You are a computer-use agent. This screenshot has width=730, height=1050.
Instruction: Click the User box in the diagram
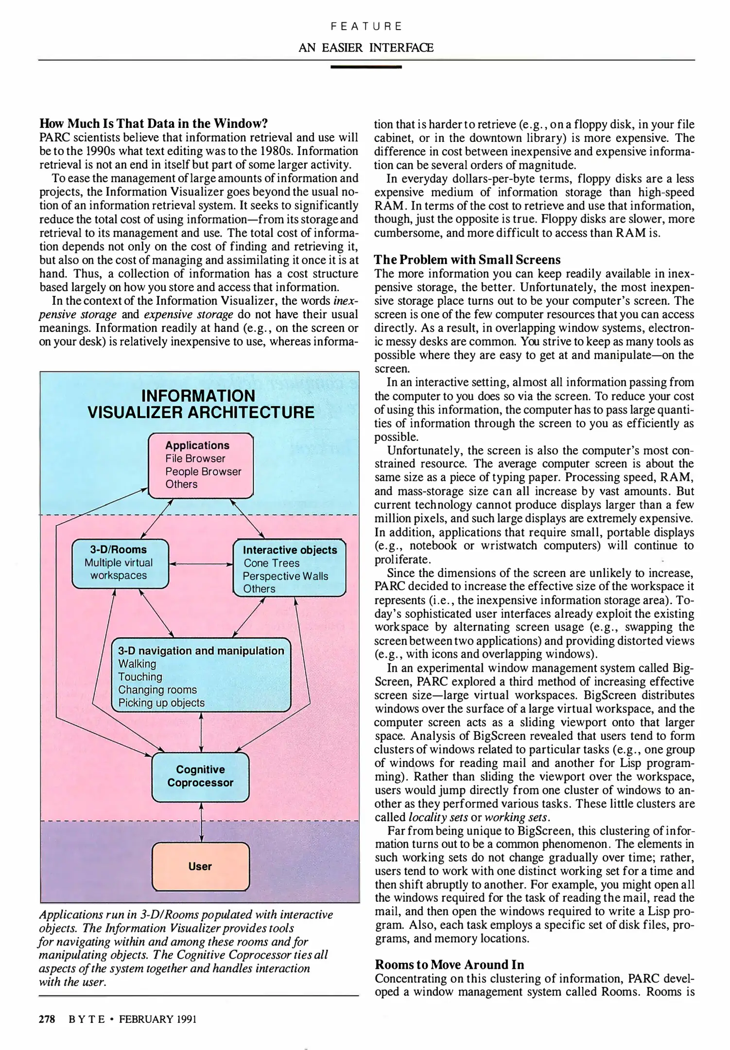(x=200, y=866)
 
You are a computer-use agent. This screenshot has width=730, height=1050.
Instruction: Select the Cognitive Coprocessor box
(x=200, y=776)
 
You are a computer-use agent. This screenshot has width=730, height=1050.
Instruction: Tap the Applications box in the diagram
(x=200, y=465)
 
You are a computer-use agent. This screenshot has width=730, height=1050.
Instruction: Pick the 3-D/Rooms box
(x=120, y=563)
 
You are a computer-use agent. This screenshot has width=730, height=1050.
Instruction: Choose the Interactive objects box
(x=289, y=568)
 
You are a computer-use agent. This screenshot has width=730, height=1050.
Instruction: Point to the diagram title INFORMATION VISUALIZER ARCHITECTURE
(x=200, y=404)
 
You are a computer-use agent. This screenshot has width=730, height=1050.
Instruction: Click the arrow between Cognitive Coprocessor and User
(x=201, y=822)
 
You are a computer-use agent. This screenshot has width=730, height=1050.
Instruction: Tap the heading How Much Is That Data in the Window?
(x=154, y=123)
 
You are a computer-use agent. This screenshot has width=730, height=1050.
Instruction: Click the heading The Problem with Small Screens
(x=467, y=260)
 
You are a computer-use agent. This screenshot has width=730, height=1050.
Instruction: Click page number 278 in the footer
(x=47, y=1019)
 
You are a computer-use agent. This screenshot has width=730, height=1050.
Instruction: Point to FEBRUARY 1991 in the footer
(x=158, y=1019)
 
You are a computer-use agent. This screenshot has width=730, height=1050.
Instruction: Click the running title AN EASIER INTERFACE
(x=365, y=48)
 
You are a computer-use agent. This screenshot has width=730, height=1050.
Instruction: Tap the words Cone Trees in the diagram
(x=271, y=563)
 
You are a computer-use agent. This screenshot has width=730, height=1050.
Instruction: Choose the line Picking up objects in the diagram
(x=161, y=702)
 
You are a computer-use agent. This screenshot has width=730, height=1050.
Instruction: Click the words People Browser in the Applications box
(x=203, y=472)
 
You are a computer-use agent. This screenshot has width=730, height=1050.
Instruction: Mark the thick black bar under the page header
(x=365, y=67)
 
